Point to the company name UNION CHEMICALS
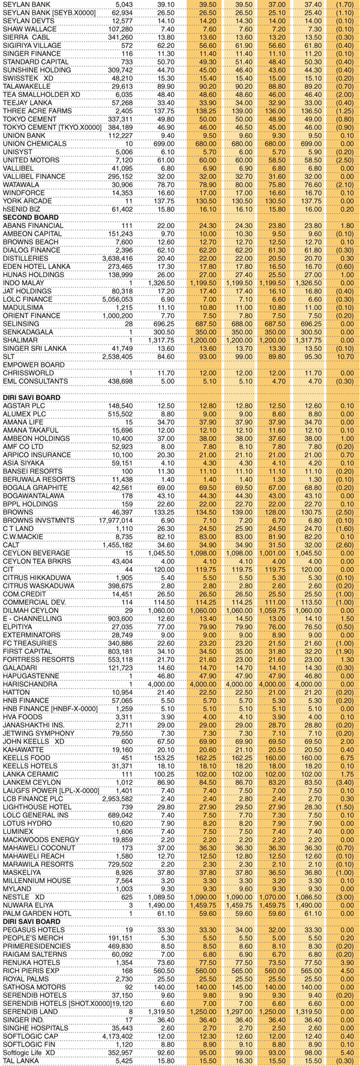(34, 144)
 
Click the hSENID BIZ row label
(21, 209)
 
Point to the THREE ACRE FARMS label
(33, 111)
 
